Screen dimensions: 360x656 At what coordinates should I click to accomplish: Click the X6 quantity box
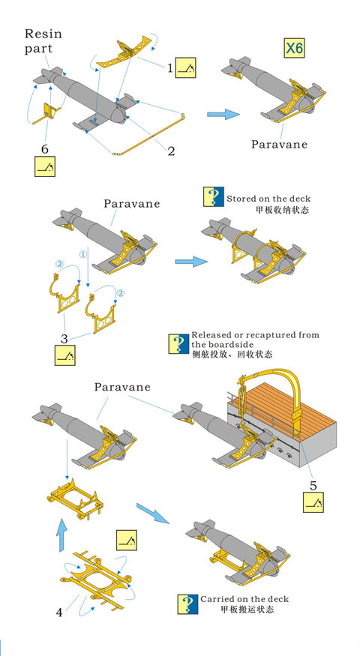point(294,49)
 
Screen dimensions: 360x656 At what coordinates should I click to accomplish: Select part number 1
point(170,67)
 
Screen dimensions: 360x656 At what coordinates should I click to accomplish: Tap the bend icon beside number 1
point(185,67)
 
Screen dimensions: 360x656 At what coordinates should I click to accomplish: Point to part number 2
point(171,151)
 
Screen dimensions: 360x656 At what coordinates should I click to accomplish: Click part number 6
point(45,149)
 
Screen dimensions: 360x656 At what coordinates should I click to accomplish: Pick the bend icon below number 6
point(45,166)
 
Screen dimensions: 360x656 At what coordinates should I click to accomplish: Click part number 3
point(64,338)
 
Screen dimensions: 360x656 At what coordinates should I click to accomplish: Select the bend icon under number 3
point(65,355)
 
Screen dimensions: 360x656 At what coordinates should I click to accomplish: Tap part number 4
point(59,613)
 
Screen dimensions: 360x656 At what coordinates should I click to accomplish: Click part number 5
point(313,485)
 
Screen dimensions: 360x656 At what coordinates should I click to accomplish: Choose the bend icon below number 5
point(313,502)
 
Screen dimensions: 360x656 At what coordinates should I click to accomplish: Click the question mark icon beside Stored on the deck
point(214,196)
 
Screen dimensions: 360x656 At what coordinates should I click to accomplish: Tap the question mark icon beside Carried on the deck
point(187,604)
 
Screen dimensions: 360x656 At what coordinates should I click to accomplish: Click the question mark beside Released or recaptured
point(178,344)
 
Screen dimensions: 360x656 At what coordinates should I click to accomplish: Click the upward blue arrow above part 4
point(61,535)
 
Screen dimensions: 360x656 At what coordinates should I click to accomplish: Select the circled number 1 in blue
point(83,254)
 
